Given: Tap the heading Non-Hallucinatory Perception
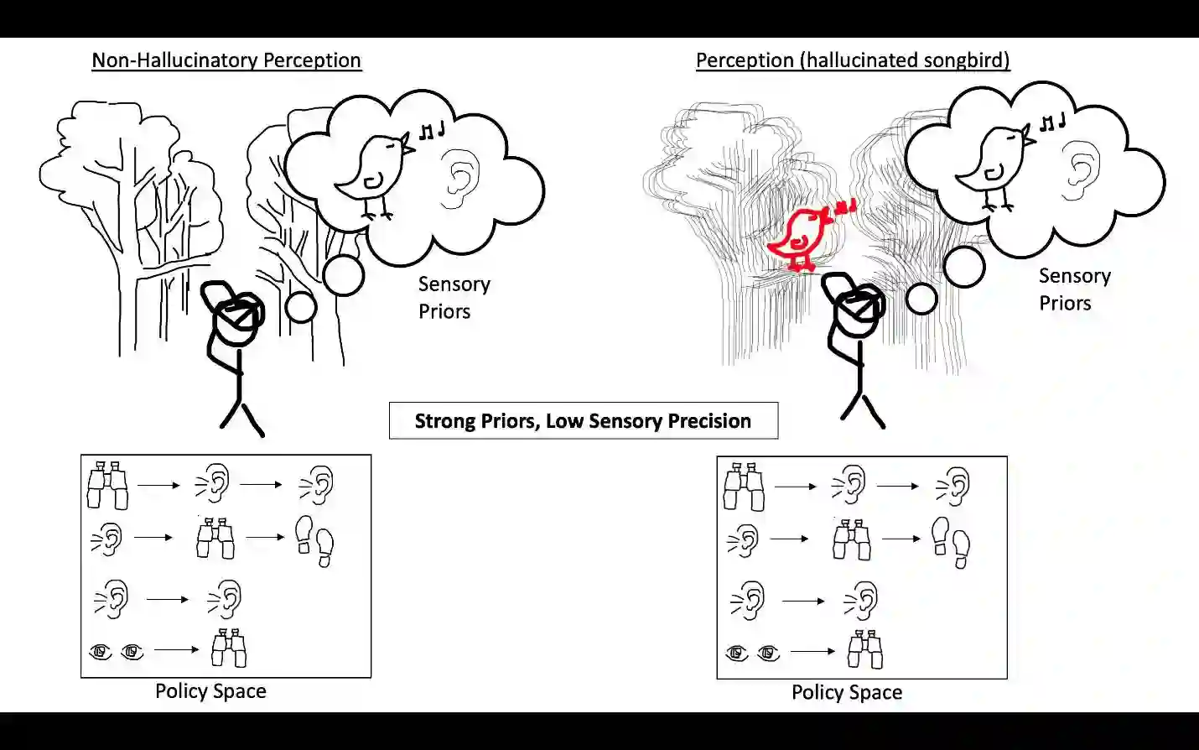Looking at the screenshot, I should (226, 60).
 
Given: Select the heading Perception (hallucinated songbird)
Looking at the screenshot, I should (853, 60).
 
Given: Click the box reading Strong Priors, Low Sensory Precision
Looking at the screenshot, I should (583, 420).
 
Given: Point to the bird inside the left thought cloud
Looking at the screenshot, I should (373, 172).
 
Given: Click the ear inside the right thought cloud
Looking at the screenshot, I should (1080, 171).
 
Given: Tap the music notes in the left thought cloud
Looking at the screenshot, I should (432, 130).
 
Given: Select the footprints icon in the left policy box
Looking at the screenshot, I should (314, 540).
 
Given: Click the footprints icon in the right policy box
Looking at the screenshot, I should (951, 541).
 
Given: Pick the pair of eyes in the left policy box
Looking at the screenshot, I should (117, 651).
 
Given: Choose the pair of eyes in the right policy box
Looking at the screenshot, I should (753, 652).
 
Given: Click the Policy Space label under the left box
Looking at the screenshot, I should (210, 691).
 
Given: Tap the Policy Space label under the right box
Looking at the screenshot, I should (847, 693).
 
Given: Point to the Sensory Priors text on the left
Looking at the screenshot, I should (454, 298).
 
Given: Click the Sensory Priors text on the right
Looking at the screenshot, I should (1074, 289).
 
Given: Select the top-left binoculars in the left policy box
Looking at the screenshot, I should (108, 485).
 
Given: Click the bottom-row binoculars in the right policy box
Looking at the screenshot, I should (865, 649).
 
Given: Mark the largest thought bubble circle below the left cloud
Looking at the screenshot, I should (344, 275).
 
